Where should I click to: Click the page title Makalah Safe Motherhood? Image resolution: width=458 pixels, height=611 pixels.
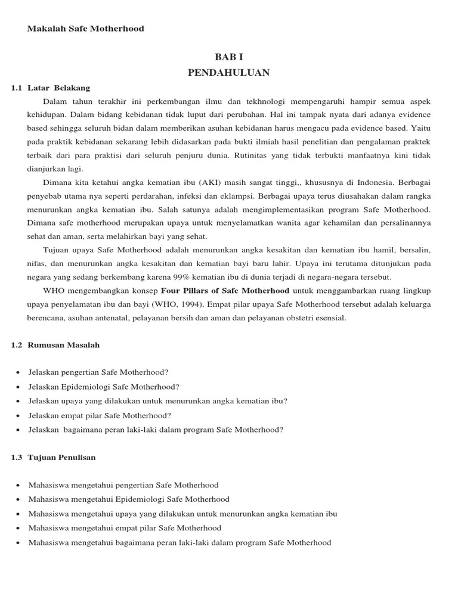[x=85, y=29]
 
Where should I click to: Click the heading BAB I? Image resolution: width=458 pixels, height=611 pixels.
[x=229, y=57]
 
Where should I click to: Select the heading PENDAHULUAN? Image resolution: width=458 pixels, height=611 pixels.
[x=229, y=73]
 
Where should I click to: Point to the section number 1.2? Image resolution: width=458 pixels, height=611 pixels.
[x=17, y=345]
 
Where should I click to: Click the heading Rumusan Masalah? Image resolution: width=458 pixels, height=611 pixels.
[x=64, y=345]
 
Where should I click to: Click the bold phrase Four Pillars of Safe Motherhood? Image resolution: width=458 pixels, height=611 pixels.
[x=225, y=291]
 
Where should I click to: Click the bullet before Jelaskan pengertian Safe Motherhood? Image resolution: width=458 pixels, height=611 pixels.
[x=19, y=372]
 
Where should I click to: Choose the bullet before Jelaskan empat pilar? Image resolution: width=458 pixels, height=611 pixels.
[x=19, y=415]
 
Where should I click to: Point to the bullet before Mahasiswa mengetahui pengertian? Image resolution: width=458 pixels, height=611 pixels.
[x=19, y=485]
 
